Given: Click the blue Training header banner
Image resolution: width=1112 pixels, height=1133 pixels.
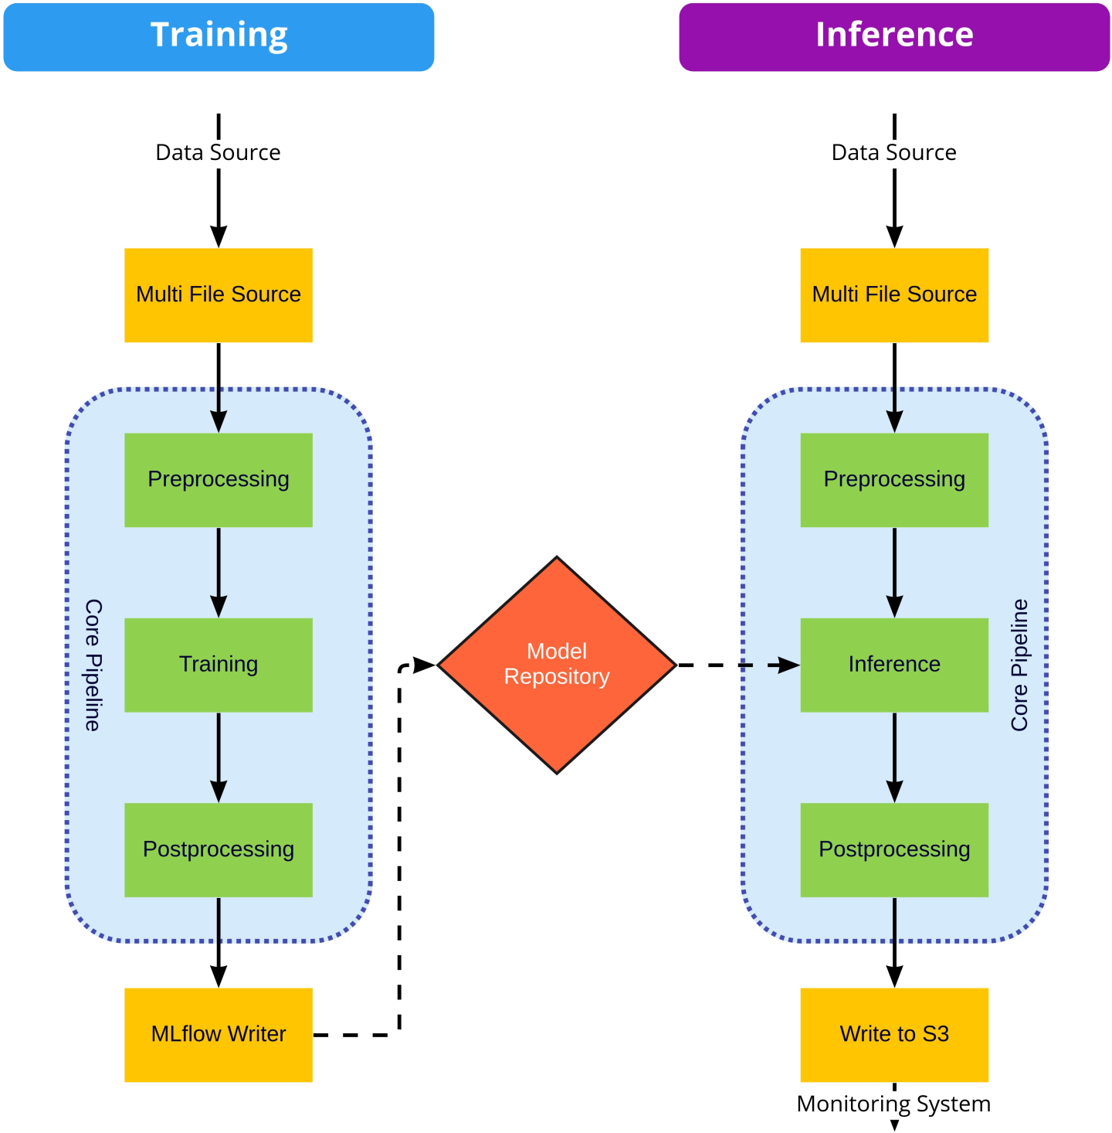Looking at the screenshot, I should click(x=219, y=36).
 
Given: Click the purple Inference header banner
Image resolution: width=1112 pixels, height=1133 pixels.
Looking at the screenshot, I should click(x=894, y=36).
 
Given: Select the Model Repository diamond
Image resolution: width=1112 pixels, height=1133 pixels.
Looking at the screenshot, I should click(x=557, y=665).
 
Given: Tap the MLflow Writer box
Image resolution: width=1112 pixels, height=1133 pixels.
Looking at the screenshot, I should click(x=219, y=1034).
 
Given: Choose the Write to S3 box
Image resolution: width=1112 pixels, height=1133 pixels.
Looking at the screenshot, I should click(x=894, y=1034).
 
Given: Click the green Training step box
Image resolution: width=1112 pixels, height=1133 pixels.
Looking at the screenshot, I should click(x=219, y=665).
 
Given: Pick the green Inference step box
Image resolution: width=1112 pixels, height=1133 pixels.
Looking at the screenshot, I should click(x=894, y=665).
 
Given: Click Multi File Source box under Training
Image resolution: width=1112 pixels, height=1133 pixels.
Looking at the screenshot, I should click(x=219, y=294).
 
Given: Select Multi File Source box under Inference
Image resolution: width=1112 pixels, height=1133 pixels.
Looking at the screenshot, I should click(x=894, y=294).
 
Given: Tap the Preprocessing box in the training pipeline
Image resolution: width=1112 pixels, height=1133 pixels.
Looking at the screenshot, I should click(x=219, y=480).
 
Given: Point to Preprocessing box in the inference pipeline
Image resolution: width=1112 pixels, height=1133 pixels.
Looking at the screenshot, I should click(x=894, y=480).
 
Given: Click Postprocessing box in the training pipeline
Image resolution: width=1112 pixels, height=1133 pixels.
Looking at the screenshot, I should click(x=219, y=849).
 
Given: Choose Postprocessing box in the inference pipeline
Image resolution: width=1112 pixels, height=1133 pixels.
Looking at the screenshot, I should click(x=894, y=849).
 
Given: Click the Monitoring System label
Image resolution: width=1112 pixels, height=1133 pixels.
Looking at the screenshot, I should click(x=893, y=1104).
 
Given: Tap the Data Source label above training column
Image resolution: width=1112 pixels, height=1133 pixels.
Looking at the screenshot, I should click(x=218, y=152).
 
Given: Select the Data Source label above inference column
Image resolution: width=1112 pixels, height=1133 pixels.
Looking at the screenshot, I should click(x=893, y=152).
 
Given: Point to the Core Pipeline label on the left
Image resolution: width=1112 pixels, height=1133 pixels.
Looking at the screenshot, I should click(x=93, y=665).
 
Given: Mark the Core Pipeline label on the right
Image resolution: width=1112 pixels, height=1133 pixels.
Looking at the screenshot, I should click(x=1020, y=665).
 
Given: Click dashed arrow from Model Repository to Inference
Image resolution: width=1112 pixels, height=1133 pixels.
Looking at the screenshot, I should click(x=737, y=665).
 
